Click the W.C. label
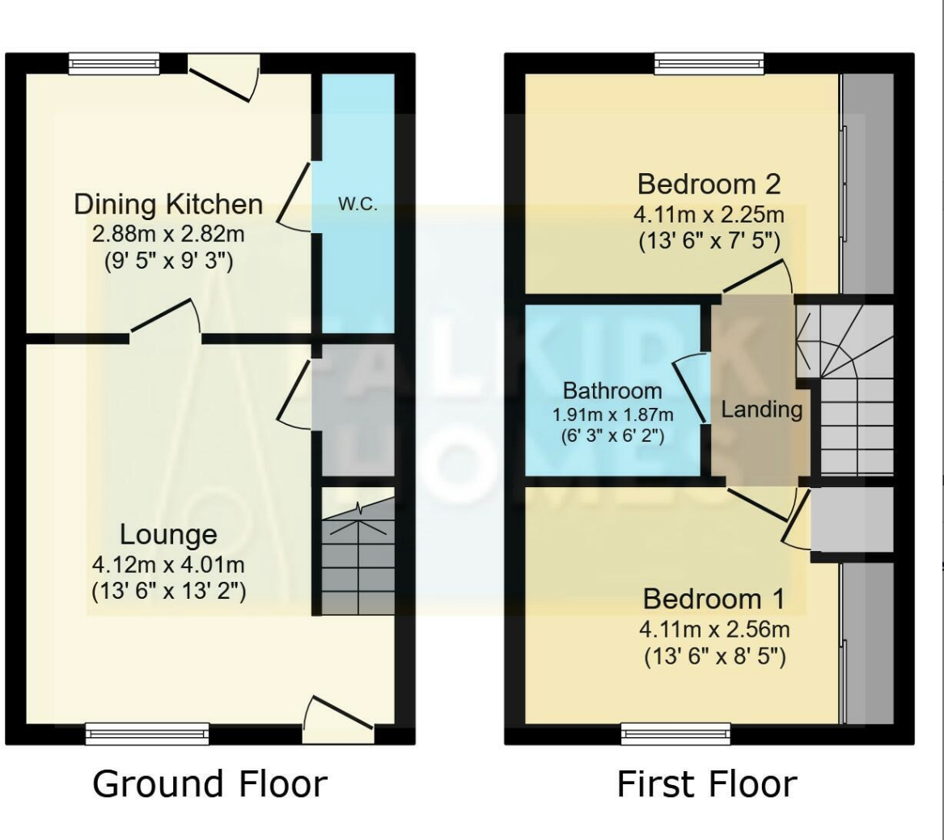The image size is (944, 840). pyautogui.click(x=358, y=204)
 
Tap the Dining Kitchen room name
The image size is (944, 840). pyautogui.click(x=168, y=204)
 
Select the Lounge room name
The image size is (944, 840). pyautogui.click(x=168, y=534)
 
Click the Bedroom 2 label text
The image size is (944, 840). pyautogui.click(x=709, y=184)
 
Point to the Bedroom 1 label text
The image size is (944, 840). pyautogui.click(x=713, y=600)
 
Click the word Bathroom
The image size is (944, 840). pyautogui.click(x=612, y=391)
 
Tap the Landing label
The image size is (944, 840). pyautogui.click(x=761, y=409)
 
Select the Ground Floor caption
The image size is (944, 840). pyautogui.click(x=210, y=783)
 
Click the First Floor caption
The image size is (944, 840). pyautogui.click(x=707, y=783)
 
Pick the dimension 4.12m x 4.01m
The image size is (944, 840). pyautogui.click(x=168, y=563)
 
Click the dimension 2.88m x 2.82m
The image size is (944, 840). pyautogui.click(x=168, y=235)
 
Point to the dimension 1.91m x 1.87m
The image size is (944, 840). pyautogui.click(x=612, y=414)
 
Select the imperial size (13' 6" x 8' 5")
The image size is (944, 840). pyautogui.click(x=714, y=656)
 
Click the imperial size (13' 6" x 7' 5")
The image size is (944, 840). pyautogui.click(x=709, y=240)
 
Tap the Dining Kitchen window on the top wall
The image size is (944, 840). pyautogui.click(x=114, y=64)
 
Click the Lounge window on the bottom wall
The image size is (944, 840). pyautogui.click(x=147, y=733)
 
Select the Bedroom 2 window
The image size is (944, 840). pyautogui.click(x=709, y=64)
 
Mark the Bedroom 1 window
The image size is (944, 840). pyautogui.click(x=675, y=733)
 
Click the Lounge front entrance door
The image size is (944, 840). pyautogui.click(x=338, y=723)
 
